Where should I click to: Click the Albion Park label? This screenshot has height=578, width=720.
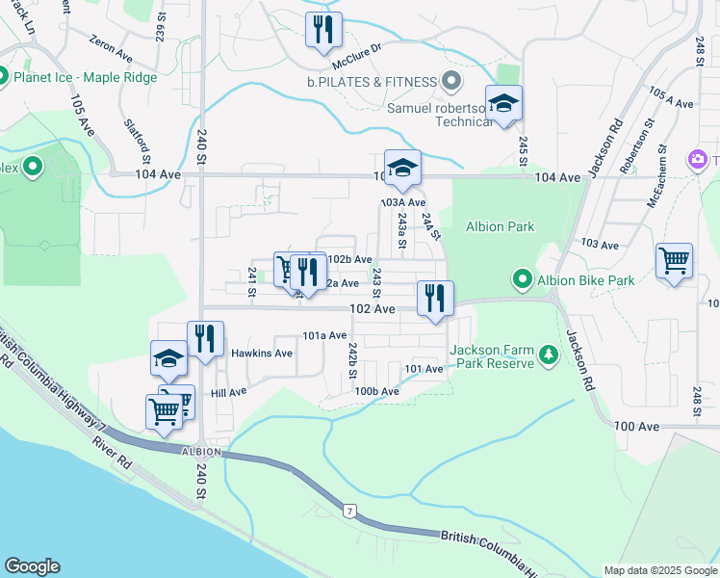[500, 226]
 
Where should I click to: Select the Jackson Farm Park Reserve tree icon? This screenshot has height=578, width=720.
[549, 356]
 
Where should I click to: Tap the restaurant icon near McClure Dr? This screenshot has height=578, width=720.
[323, 30]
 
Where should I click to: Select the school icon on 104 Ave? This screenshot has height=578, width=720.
[402, 168]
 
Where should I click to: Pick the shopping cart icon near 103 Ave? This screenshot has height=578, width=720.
[674, 260]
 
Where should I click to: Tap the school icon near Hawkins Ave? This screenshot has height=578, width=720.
[168, 358]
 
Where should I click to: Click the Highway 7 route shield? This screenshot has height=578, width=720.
[349, 509]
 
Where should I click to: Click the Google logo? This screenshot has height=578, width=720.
[32, 566]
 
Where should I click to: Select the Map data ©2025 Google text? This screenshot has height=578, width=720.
[659, 570]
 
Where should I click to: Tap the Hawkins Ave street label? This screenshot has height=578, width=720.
[262, 354]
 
